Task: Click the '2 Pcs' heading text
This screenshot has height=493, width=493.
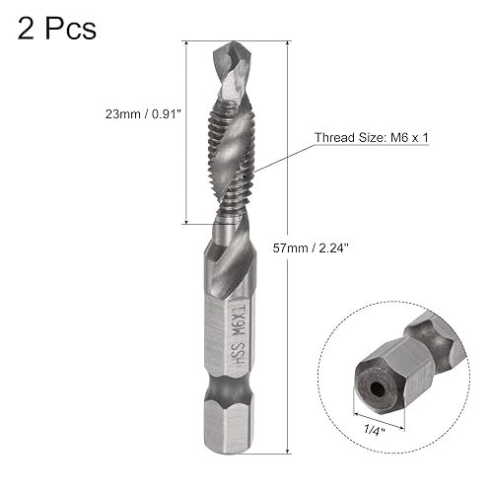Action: (56, 28)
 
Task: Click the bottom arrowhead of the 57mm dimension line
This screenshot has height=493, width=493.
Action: (288, 447)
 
